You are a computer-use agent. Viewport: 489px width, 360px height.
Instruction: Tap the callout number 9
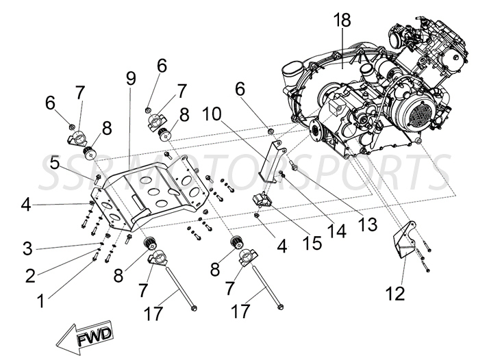click(x=131, y=79)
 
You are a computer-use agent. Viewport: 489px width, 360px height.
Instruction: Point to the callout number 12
click(x=395, y=294)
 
